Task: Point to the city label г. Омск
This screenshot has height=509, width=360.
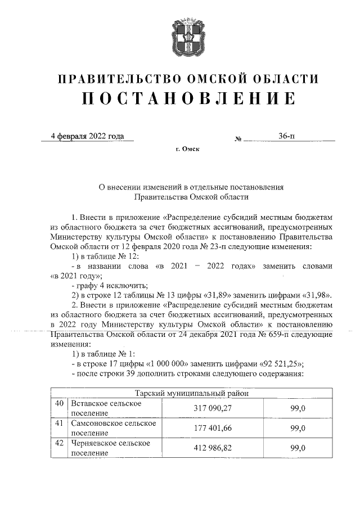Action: point(187,150)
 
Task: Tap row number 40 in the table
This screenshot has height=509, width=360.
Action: point(58,404)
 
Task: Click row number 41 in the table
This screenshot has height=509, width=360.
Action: point(58,424)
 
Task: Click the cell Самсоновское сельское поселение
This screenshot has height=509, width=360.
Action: point(111,428)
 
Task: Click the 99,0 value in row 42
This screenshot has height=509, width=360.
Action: point(298,448)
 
